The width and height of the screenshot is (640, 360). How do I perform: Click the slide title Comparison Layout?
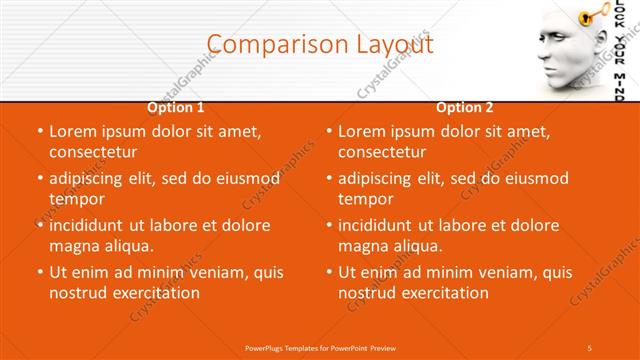pyautogui.click(x=320, y=44)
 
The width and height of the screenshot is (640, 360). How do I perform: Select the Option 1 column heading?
pyautogui.click(x=176, y=107)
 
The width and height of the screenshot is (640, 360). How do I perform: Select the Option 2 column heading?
pyautogui.click(x=465, y=107)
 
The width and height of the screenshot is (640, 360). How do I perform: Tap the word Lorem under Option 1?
pyautogui.click(x=72, y=131)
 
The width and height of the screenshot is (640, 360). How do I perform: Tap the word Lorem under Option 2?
pyautogui.click(x=361, y=131)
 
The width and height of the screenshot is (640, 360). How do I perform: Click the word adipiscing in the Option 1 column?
pyautogui.click(x=91, y=178)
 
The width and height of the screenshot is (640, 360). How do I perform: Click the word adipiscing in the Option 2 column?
pyautogui.click(x=380, y=178)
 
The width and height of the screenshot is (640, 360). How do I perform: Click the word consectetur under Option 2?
pyautogui.click(x=382, y=152)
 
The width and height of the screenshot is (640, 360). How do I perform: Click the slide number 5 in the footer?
pyautogui.click(x=589, y=348)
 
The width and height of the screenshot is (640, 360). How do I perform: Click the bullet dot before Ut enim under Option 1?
pyautogui.click(x=40, y=272)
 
